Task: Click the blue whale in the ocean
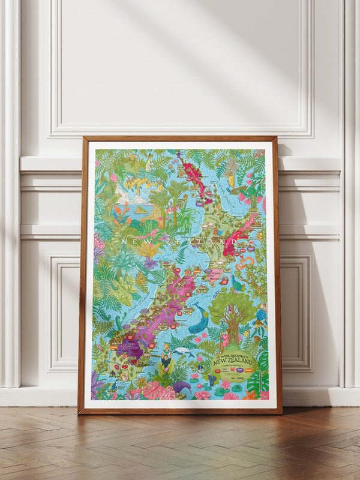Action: click(197, 322)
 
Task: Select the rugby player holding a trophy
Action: click(164, 360)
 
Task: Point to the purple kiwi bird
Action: click(181, 389)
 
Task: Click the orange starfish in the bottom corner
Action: click(250, 394)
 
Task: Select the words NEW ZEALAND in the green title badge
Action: click(235, 363)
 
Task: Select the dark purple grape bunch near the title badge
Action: click(212, 379)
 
